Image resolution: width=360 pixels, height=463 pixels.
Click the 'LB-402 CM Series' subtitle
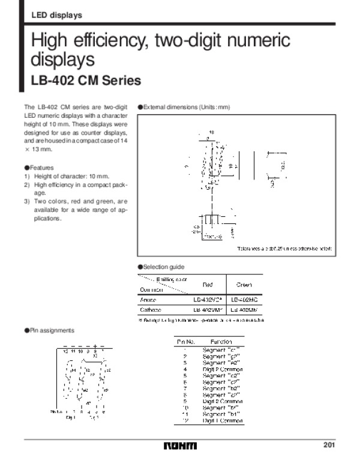point(85,80)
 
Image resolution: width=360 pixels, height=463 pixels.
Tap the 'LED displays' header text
point(56,15)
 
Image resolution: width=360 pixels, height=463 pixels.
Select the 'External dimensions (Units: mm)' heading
point(186,107)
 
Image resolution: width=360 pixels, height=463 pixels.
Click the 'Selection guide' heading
point(163,267)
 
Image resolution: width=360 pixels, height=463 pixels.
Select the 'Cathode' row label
point(150,310)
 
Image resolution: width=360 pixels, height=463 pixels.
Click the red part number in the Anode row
point(208,299)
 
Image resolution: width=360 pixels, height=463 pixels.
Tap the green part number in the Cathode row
point(244,310)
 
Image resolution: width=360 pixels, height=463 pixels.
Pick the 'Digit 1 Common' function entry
point(223,421)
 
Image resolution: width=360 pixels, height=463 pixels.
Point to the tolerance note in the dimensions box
point(284,249)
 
